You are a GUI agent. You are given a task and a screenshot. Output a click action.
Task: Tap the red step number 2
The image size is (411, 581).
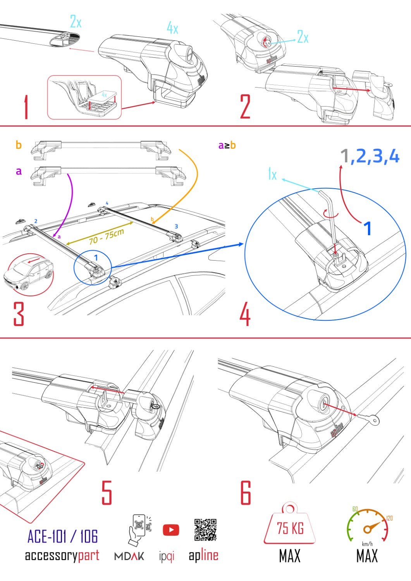[x=245, y=107]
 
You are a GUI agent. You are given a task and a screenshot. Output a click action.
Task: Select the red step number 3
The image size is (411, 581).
[x=19, y=313]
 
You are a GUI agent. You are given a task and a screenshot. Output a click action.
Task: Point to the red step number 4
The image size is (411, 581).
[x=245, y=315]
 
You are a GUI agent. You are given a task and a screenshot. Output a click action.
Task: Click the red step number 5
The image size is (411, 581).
[x=107, y=493]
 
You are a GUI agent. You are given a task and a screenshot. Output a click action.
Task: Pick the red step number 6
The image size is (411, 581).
[x=246, y=493]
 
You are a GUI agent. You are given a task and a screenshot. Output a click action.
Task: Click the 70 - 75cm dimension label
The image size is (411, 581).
[x=106, y=237]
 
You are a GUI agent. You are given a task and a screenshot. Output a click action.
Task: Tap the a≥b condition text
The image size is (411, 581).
[x=227, y=145]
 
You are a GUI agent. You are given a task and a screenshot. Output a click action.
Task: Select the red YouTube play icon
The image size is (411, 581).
[x=171, y=530]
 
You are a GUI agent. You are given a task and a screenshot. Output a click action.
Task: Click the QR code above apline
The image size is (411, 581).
[x=205, y=530]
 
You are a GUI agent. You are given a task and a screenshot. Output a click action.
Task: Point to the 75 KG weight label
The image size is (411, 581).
[x=290, y=528]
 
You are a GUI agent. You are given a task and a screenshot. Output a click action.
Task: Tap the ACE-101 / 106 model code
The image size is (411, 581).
[x=62, y=536]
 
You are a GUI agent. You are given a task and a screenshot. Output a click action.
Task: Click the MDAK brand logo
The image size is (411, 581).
[x=129, y=556]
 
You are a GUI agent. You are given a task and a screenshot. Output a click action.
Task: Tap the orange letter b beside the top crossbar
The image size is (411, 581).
[x=19, y=145]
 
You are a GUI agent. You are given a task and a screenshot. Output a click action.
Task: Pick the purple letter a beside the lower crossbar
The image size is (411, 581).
[x=19, y=171]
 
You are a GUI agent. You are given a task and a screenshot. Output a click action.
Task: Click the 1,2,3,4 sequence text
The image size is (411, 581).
[x=370, y=156]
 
